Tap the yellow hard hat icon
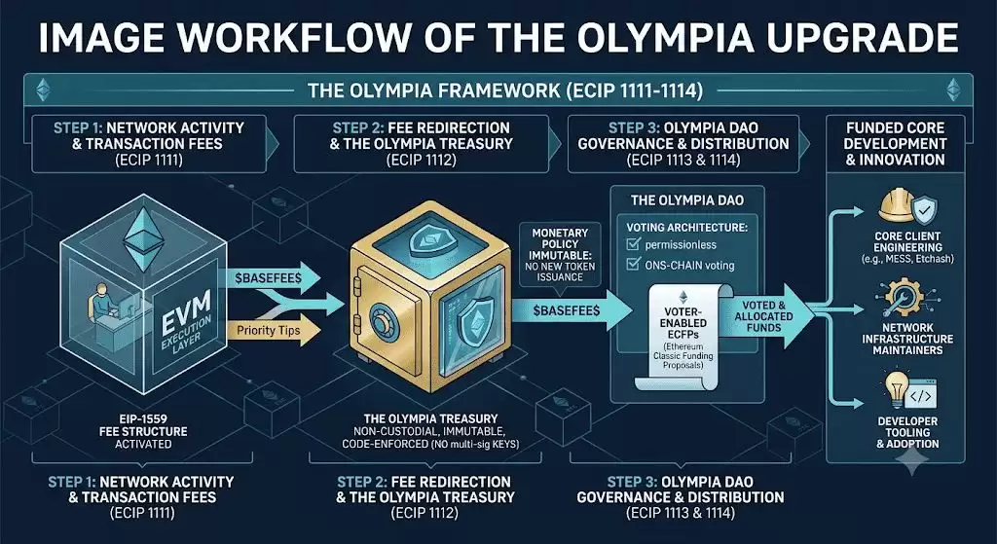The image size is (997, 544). (897, 204)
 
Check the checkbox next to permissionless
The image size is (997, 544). (633, 244)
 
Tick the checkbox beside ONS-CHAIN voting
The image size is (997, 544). (633, 264)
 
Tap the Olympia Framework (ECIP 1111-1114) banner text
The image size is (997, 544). (505, 91)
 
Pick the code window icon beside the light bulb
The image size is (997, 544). (921, 395)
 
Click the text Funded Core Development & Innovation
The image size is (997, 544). (895, 144)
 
